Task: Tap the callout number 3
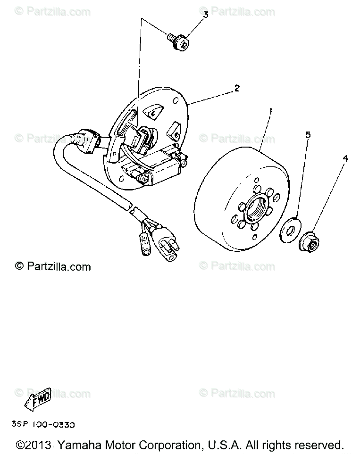click(x=206, y=15)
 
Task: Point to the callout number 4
click(x=345, y=158)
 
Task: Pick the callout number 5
click(x=308, y=135)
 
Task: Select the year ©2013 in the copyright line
click(x=33, y=445)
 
